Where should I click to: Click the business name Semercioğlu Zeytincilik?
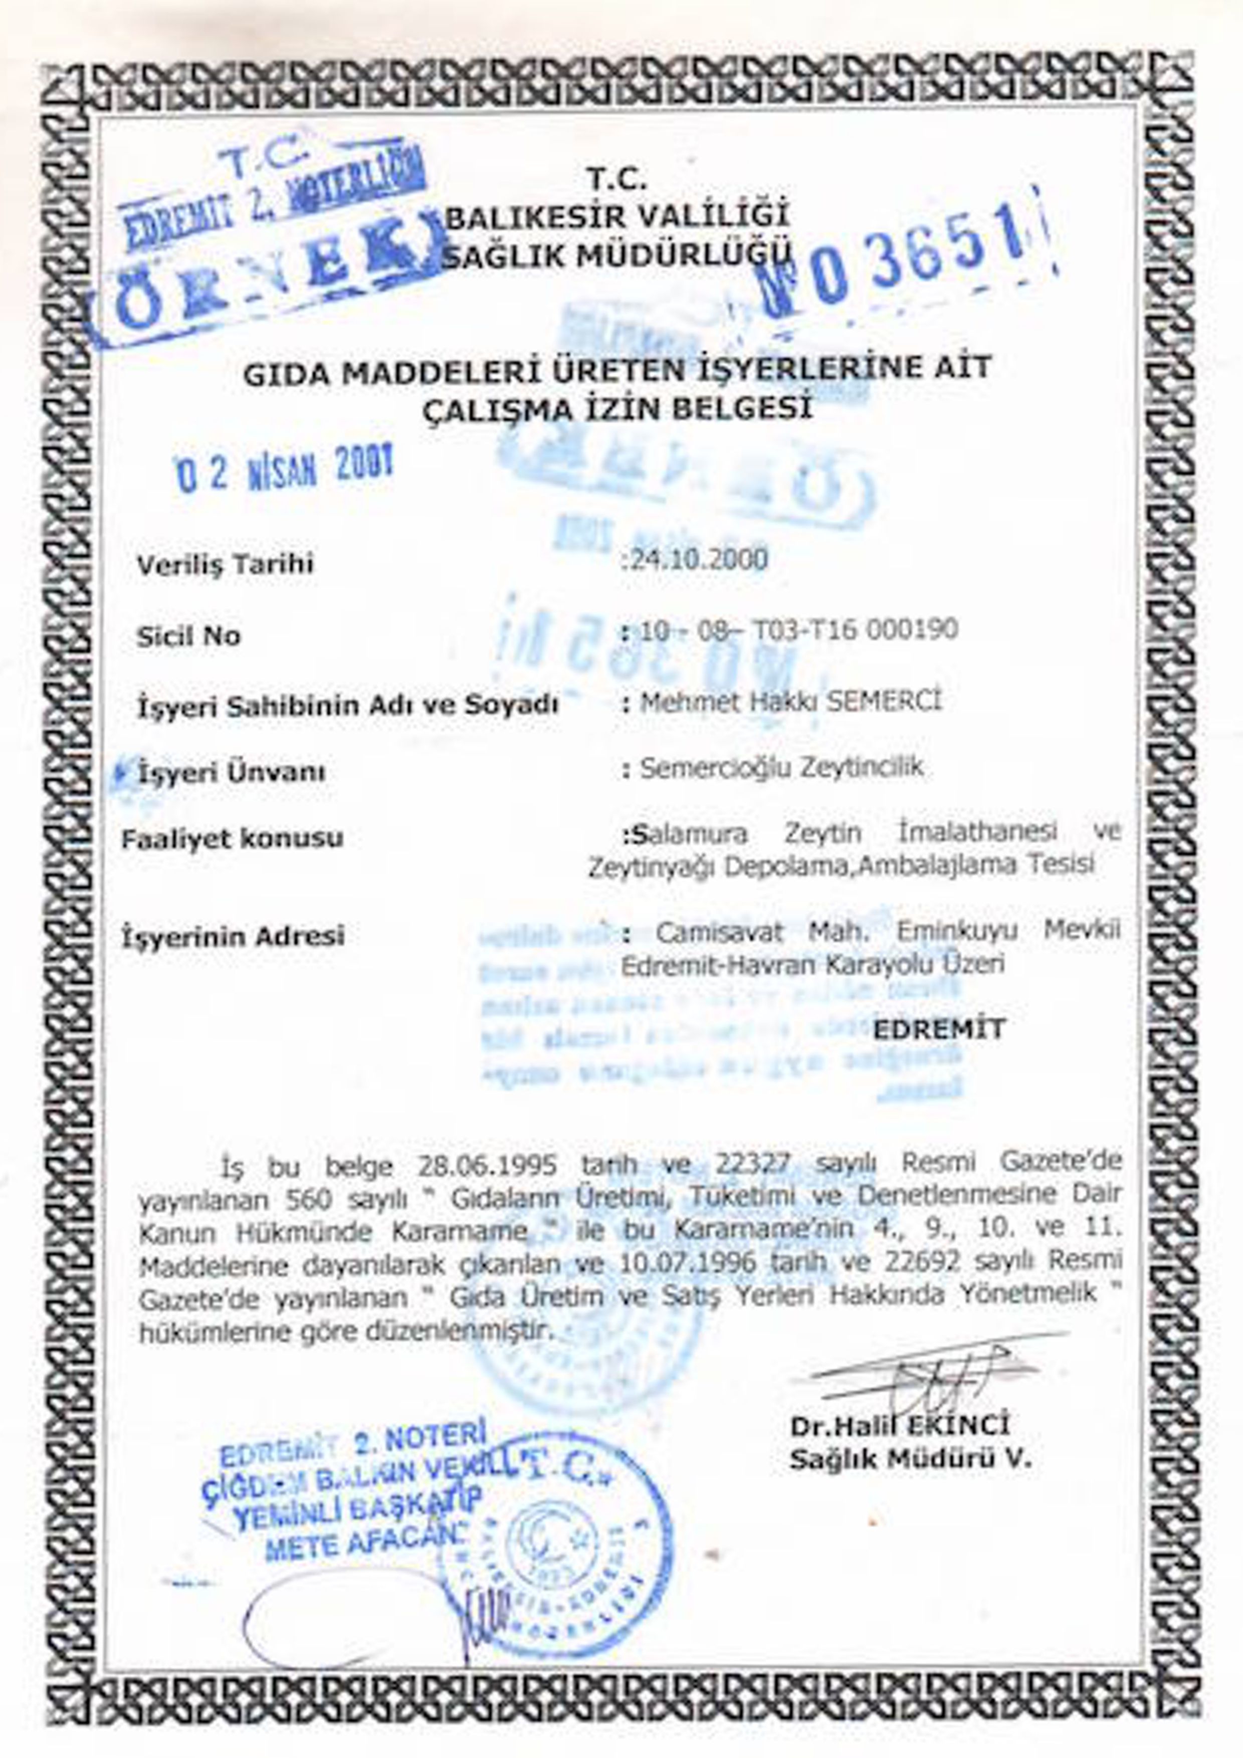[781, 767]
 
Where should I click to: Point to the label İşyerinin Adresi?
[233, 935]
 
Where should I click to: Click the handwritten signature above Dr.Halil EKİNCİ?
[934, 1376]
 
